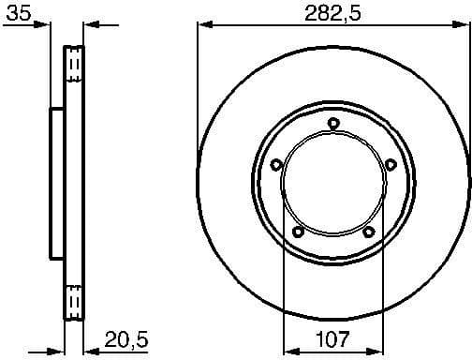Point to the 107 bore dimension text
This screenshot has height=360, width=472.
coord(333,338)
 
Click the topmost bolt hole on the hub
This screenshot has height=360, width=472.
coord(332,122)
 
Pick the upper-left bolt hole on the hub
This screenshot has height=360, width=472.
coord(275,165)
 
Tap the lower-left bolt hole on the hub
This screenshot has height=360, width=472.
coord(298,232)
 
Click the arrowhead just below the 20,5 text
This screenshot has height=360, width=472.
coord(90,351)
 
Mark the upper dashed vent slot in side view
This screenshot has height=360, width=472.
coord(73,66)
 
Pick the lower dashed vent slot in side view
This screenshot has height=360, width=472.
coord(73,300)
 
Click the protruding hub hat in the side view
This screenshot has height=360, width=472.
coord(55,184)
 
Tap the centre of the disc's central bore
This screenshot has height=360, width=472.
coord(332,184)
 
